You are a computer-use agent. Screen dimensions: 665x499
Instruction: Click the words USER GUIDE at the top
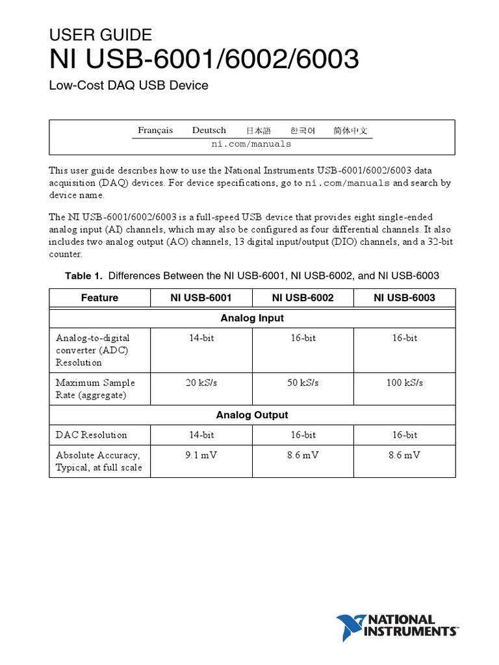(101, 35)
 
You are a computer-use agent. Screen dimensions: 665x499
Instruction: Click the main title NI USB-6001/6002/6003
(204, 60)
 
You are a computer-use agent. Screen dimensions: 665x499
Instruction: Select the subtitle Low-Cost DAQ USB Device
(129, 85)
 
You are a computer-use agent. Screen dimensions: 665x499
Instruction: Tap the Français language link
(155, 131)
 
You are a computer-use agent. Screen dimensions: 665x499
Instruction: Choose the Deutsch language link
(209, 131)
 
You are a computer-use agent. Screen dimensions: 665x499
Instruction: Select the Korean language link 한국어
(302, 131)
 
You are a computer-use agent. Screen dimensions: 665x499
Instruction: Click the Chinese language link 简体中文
(350, 131)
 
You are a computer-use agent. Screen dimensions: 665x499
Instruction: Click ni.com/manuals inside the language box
(251, 144)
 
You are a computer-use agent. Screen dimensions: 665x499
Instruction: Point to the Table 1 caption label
(84, 276)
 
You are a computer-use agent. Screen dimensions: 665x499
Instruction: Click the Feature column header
(99, 298)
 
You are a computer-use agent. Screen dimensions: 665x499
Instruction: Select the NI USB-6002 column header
(303, 298)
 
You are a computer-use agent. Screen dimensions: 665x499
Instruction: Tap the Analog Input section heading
(252, 318)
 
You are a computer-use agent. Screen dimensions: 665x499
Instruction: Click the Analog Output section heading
(252, 415)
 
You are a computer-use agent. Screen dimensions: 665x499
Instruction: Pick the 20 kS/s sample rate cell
(201, 383)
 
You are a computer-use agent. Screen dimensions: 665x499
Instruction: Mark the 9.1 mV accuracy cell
(201, 455)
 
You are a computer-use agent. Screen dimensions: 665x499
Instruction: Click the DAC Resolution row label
(91, 435)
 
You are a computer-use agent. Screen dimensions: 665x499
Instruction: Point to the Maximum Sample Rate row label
(95, 388)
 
